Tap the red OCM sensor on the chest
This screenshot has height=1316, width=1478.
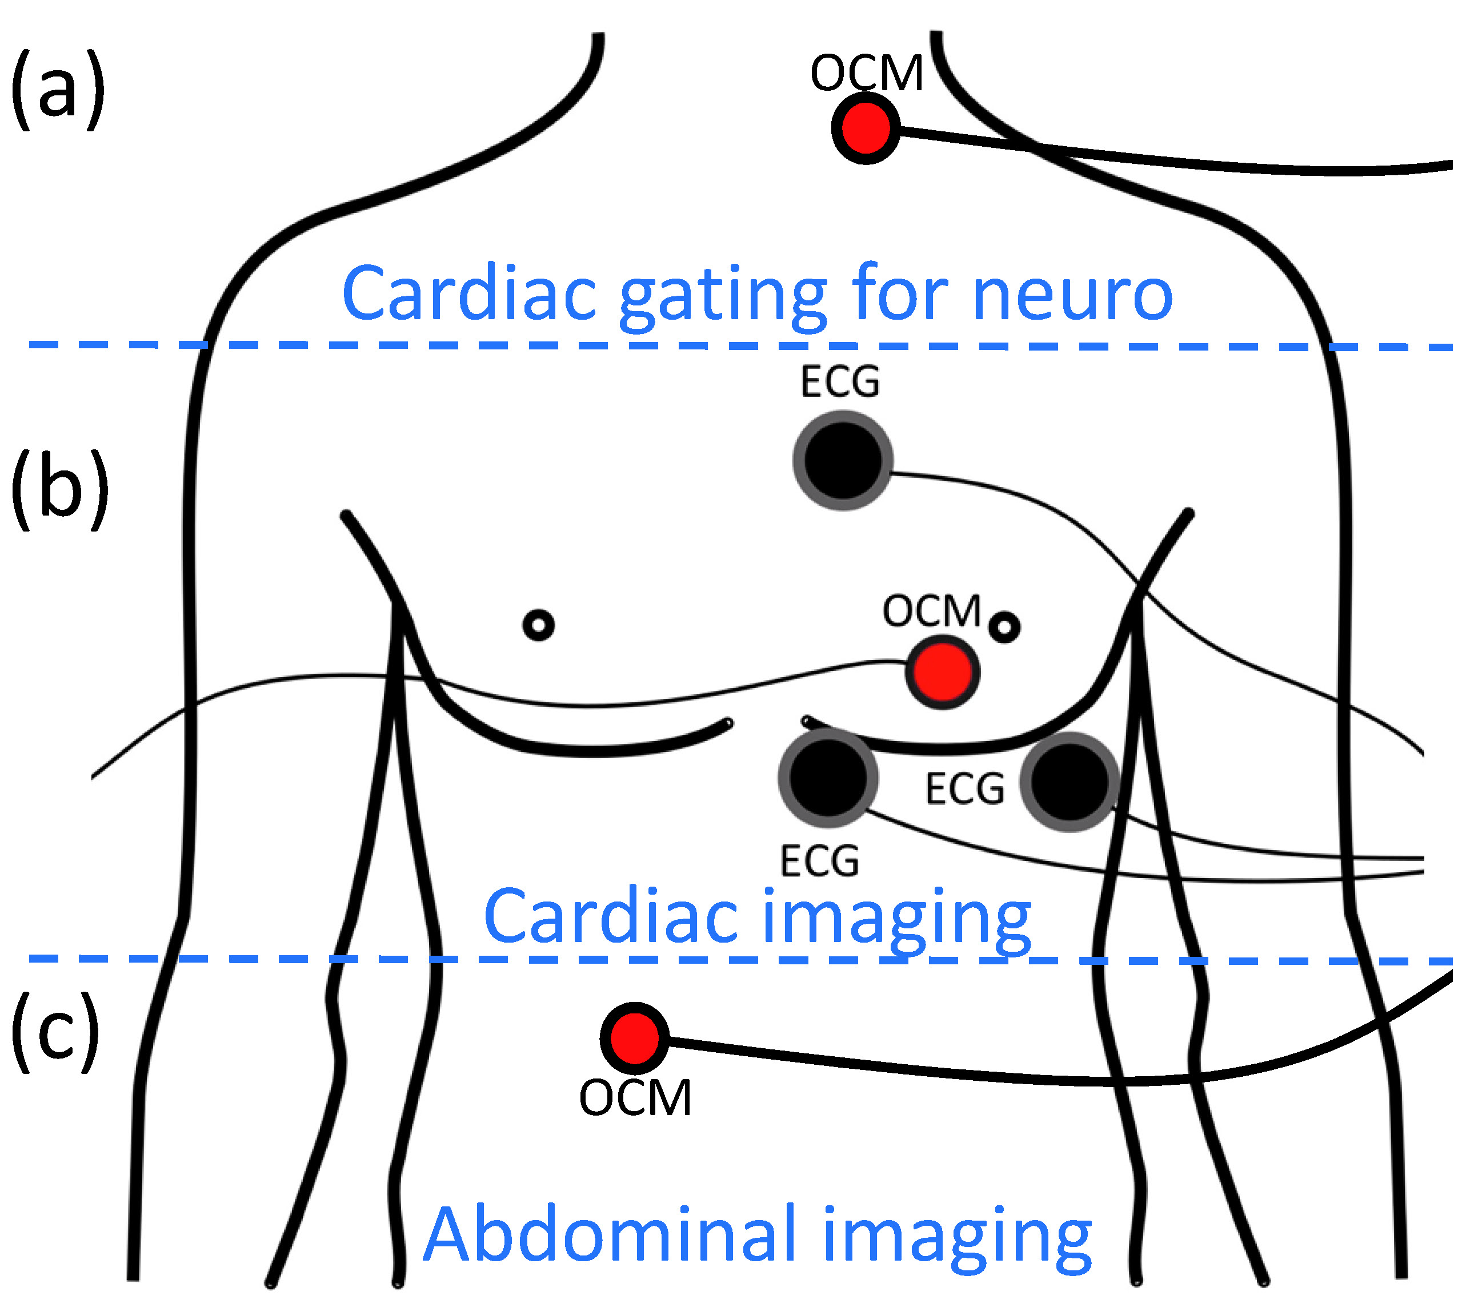point(942,672)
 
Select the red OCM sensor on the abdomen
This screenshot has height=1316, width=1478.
point(635,1037)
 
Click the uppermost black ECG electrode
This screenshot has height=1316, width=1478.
point(843,460)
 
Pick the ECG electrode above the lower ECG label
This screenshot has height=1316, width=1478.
point(828,778)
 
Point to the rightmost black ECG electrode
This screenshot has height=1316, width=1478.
point(1070,782)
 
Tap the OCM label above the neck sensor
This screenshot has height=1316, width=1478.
point(867,73)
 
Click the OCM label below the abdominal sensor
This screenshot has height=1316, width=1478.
point(635,1098)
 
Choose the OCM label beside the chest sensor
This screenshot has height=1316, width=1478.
point(932,611)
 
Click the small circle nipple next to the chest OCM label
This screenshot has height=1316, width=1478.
point(1004,627)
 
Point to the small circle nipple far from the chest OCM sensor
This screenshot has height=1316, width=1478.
point(538,625)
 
